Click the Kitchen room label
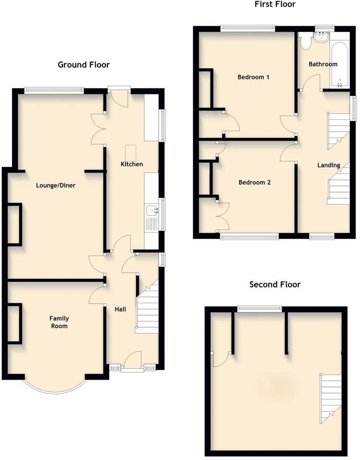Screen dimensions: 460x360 [x=132, y=164]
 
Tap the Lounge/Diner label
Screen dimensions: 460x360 [x=56, y=185]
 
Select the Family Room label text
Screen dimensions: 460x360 [x=59, y=322]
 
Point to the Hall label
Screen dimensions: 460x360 [x=120, y=309]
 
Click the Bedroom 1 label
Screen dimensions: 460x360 [x=253, y=77]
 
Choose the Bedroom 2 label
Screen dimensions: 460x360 [x=254, y=182]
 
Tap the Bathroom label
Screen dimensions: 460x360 [x=323, y=64]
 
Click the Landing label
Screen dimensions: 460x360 [x=328, y=165]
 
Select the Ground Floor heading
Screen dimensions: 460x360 [x=84, y=65]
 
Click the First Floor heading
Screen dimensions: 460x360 [x=275, y=4]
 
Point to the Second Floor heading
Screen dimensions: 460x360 [x=275, y=284]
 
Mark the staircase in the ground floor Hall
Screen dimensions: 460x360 [x=147, y=308]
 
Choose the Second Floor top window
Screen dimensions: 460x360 [x=259, y=308]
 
